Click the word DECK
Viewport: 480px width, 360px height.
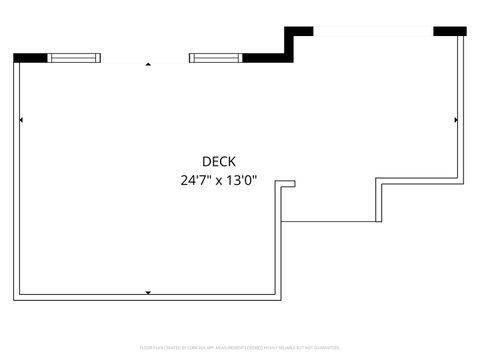coord(219,161)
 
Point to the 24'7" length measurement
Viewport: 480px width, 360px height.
coord(196,181)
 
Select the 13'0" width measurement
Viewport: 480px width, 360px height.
coord(241,181)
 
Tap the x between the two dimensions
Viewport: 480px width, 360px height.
coord(219,182)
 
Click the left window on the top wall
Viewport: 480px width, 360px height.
coord(75,57)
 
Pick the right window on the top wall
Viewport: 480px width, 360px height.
coord(215,57)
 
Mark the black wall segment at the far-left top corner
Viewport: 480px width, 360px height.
coord(31,57)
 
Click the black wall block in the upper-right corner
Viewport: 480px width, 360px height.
coord(448,31)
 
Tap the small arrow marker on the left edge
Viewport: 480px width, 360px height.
coord(21,120)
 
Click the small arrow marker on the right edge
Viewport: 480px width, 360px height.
coord(456,120)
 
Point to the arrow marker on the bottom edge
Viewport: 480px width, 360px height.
coord(148,292)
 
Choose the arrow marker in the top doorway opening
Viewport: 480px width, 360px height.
coord(148,63)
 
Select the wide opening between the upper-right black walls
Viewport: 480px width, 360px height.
coord(373,31)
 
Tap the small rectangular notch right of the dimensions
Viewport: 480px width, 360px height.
coord(287,183)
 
